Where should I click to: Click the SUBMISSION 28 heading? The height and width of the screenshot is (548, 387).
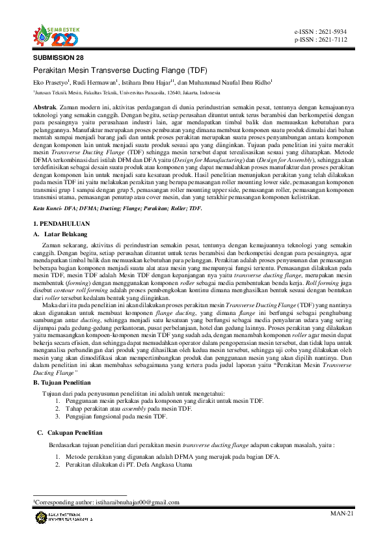pyautogui.click(x=59, y=58)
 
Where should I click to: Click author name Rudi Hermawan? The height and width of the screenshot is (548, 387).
pyautogui.click(x=95, y=83)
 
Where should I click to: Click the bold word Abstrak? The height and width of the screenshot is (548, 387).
pyautogui.click(x=44, y=105)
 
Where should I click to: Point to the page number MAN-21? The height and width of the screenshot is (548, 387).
pyautogui.click(x=342, y=514)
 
